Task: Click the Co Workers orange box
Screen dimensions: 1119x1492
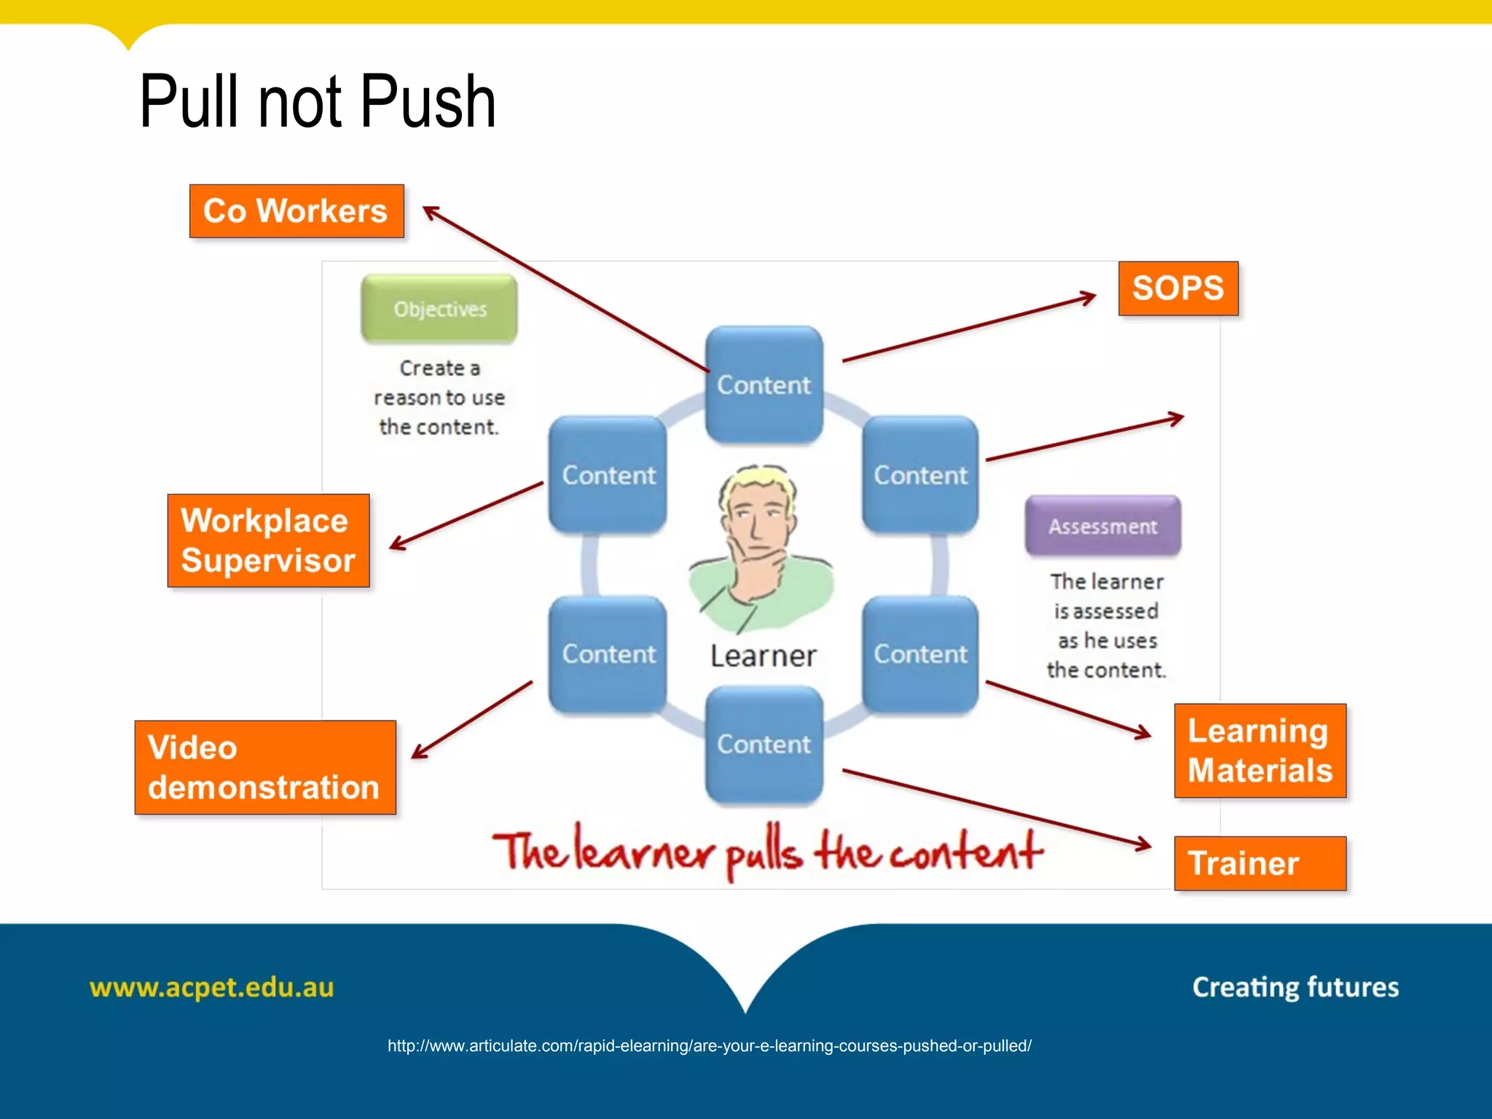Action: [x=296, y=211]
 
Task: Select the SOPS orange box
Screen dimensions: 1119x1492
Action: [x=1178, y=288]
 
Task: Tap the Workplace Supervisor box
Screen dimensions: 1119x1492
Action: [x=268, y=541]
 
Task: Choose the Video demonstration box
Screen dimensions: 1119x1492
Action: [x=265, y=767]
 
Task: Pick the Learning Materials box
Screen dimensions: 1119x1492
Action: [x=1260, y=750]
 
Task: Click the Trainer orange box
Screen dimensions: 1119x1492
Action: [x=1260, y=863]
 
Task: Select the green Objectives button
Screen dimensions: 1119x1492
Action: [x=439, y=309]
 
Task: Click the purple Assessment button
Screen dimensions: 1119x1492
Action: [x=1102, y=526]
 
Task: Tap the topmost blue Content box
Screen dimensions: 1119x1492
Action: [x=763, y=384]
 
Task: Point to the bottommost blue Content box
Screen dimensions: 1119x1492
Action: [x=763, y=744]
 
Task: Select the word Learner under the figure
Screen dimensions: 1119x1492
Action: [x=763, y=656]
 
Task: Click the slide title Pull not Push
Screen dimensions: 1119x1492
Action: [x=318, y=102]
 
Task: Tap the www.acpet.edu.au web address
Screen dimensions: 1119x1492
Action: [x=211, y=988]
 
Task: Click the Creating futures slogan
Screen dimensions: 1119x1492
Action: [x=1295, y=987]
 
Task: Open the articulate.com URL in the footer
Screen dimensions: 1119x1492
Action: [x=709, y=1046]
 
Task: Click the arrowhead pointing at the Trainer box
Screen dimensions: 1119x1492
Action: [x=1144, y=845]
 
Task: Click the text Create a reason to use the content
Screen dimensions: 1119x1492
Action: [x=439, y=398]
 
